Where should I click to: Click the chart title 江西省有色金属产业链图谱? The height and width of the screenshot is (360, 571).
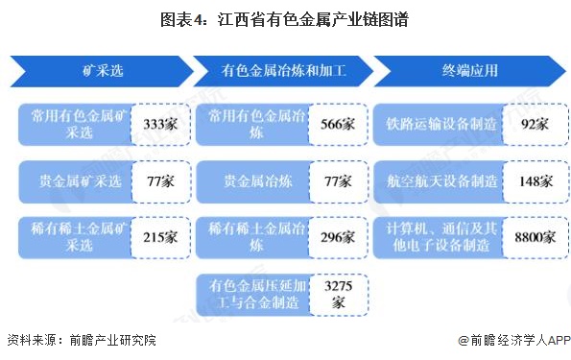[285, 18]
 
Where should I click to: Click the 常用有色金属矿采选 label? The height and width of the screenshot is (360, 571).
[74, 125]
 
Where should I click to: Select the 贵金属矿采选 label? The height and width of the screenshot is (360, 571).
[74, 180]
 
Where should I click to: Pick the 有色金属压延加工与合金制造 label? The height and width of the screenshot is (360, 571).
[254, 293]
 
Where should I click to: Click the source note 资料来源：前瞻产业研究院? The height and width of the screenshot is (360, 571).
[81, 340]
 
